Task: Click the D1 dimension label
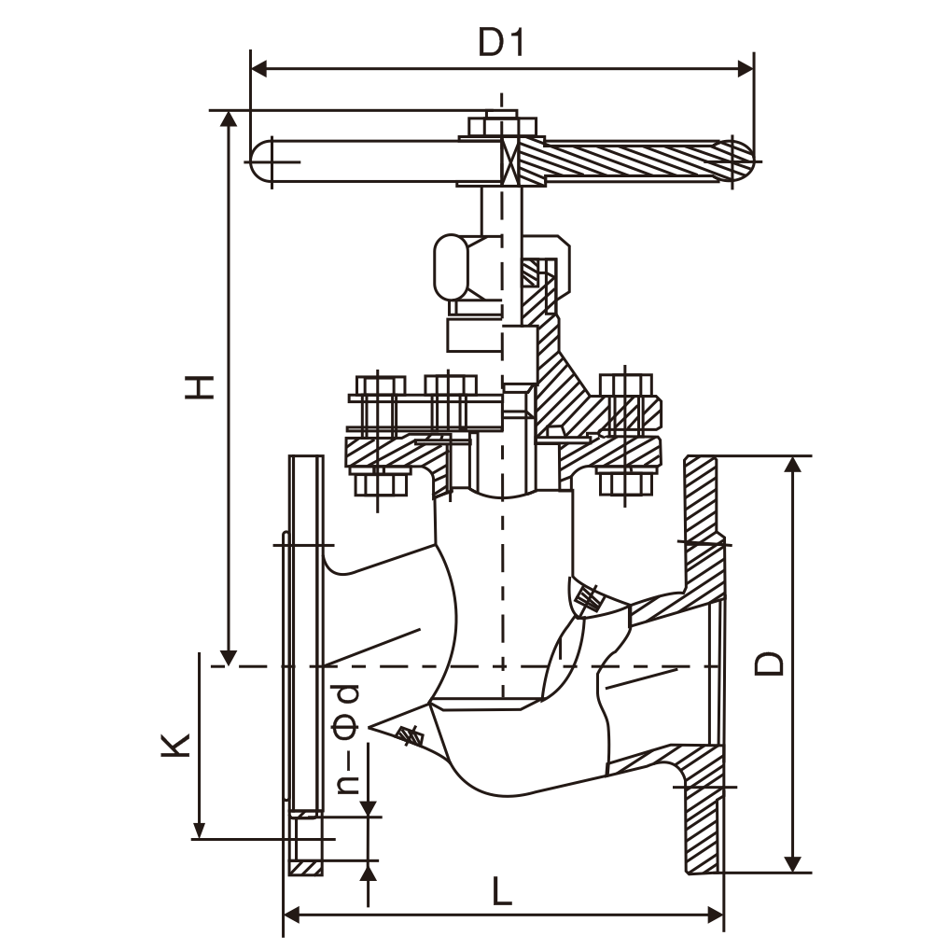[502, 42]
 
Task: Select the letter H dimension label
[199, 385]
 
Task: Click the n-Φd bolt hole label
[348, 738]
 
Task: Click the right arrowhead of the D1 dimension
[746, 68]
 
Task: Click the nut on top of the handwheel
[501, 125]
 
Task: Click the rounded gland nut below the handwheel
[454, 265]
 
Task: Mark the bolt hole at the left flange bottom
[306, 839]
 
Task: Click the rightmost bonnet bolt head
[626, 384]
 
